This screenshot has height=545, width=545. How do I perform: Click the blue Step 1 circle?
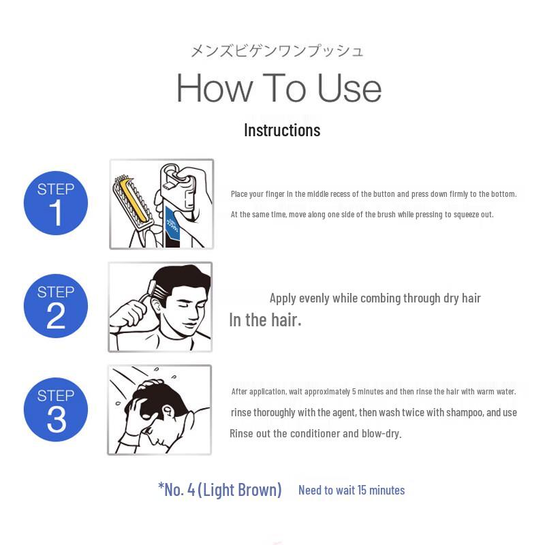tap(56, 203)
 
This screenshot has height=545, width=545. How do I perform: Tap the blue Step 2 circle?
tap(56, 306)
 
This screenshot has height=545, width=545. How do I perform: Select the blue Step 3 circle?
tap(56, 409)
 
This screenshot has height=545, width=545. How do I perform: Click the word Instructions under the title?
tap(282, 130)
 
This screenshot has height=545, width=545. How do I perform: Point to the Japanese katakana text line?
tap(277, 50)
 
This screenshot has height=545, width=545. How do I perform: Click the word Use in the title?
tap(349, 88)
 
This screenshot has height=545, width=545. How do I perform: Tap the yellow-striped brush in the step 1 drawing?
tap(131, 200)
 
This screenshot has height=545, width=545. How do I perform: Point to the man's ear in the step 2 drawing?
tap(156, 307)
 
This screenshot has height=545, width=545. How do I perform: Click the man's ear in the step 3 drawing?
tap(169, 413)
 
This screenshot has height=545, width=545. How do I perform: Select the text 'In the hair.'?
tap(265, 320)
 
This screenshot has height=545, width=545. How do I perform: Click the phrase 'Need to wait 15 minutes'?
tap(352, 490)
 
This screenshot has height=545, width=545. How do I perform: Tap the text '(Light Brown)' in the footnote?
tap(240, 490)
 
